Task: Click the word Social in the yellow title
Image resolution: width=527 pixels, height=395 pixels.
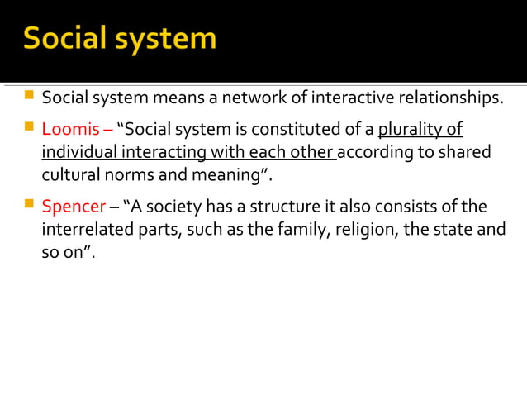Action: click(65, 38)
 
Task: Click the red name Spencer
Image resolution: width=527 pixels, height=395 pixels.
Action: click(71, 206)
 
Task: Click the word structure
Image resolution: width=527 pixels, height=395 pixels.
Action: click(278, 206)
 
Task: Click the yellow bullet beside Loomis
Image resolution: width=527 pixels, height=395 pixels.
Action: click(29, 129)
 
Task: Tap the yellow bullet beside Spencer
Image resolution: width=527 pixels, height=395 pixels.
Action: click(29, 205)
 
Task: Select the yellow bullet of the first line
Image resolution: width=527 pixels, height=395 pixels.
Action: click(29, 98)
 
